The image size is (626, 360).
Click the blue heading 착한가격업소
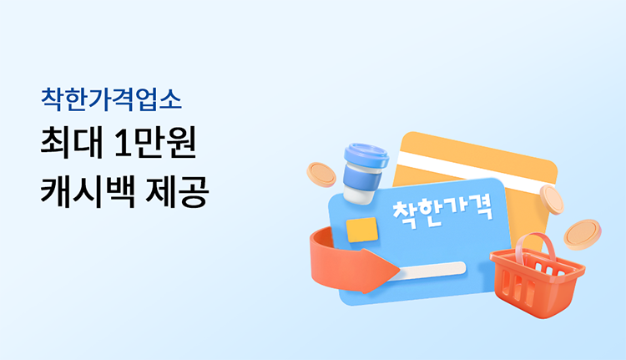tap(111, 99)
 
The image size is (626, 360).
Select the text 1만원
tap(155, 143)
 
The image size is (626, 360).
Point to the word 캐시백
tap(88, 191)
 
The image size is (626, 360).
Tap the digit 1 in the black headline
tap(121, 143)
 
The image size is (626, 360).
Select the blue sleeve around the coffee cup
tap(362, 176)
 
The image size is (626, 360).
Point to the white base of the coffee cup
tap(358, 195)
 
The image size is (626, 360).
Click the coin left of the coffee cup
tap(321, 175)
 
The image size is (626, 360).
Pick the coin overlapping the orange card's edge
tap(552, 200)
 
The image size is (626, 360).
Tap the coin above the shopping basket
tap(583, 235)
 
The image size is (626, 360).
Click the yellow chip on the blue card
tap(362, 230)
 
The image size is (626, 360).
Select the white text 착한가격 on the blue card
tap(442, 212)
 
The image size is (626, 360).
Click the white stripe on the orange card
tap(476, 171)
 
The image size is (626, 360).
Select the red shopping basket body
tap(538, 282)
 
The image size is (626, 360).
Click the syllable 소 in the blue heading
tap(170, 100)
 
